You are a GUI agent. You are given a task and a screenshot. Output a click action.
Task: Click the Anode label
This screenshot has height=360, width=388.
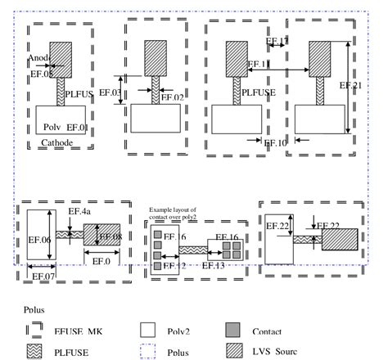pyautogui.click(x=38, y=58)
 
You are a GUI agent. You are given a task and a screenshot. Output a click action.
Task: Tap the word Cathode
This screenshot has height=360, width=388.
pyautogui.click(x=56, y=142)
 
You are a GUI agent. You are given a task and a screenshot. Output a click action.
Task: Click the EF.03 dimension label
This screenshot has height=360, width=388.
pyautogui.click(x=133, y=92)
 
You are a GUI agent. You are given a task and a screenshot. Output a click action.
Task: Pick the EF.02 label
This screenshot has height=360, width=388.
pyautogui.click(x=173, y=97)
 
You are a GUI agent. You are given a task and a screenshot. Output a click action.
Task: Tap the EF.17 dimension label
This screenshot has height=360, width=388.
pyautogui.click(x=277, y=40)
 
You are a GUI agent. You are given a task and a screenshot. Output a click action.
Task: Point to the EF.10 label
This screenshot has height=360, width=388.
pyautogui.click(x=276, y=142)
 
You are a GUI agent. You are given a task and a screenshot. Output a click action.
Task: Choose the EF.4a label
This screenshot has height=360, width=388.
pyautogui.click(x=79, y=211)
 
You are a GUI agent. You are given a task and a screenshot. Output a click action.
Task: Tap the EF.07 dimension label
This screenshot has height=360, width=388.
pyautogui.click(x=43, y=276)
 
